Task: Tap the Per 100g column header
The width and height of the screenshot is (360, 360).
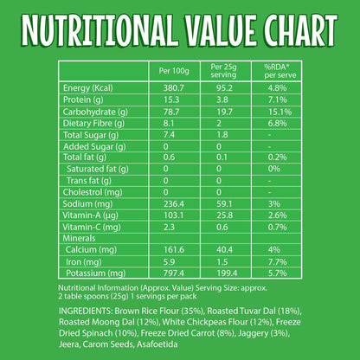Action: click(174, 71)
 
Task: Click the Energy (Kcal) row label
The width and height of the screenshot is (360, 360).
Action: click(88, 88)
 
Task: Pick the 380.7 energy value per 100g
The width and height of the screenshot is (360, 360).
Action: click(174, 88)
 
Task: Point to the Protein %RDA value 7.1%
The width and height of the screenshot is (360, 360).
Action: click(277, 100)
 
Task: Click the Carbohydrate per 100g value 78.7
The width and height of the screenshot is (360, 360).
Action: click(171, 112)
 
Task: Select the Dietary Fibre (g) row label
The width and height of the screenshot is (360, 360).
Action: click(93, 124)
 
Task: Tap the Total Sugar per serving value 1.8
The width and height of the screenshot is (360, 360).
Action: click(222, 135)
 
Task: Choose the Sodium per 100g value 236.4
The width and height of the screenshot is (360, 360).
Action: click(174, 204)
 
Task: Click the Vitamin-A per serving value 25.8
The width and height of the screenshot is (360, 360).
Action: click(224, 215)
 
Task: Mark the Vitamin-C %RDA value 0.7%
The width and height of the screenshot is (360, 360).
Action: click(277, 227)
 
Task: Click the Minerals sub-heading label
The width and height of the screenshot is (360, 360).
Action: click(79, 238)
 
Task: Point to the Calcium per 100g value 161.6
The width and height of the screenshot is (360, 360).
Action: click(174, 249)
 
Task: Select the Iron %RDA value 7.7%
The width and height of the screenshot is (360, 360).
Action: click(277, 262)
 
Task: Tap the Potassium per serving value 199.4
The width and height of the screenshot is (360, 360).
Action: click(227, 273)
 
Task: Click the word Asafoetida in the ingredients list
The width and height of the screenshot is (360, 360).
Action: click(157, 344)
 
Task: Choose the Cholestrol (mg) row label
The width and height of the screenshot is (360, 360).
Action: click(93, 192)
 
